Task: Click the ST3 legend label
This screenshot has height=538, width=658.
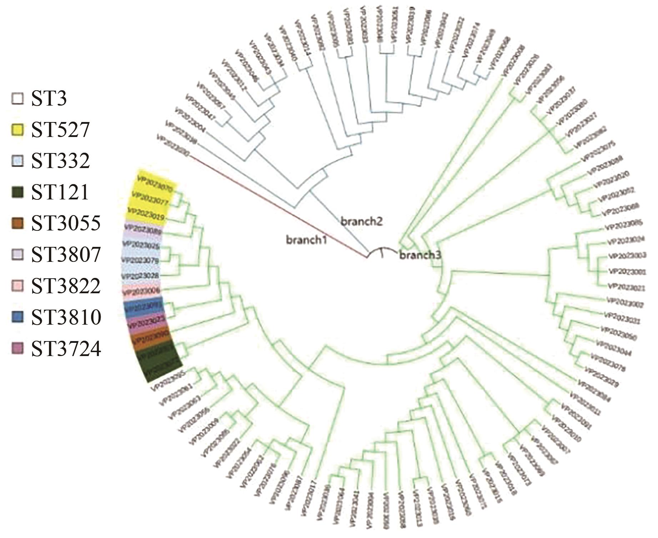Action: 49,99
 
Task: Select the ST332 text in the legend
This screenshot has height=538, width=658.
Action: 60,161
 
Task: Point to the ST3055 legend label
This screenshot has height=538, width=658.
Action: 66,224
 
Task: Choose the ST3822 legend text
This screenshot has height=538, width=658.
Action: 66,286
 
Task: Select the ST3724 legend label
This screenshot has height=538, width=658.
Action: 66,349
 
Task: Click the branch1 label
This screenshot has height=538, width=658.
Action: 306,240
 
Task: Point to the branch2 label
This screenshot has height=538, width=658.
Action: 361,222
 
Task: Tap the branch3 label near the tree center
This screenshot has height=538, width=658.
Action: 420,255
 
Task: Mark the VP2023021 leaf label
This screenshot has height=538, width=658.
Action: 626,286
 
